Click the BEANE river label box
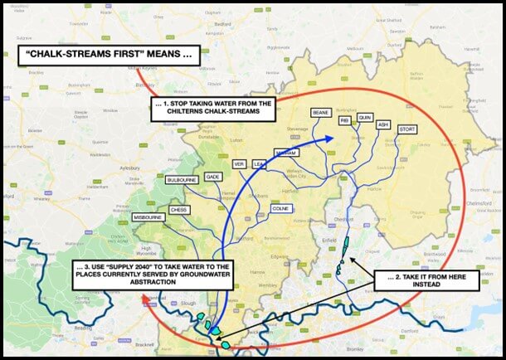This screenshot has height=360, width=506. tap(320, 112)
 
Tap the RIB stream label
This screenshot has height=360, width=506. tap(344, 121)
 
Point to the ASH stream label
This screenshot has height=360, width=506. tap(382, 124)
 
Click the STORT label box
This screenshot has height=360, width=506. tap(407, 129)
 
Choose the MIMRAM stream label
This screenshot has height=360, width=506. tap(285, 154)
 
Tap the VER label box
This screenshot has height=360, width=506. tap(240, 163)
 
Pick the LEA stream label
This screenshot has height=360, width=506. tap(259, 164)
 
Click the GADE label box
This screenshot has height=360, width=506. tap(212, 177)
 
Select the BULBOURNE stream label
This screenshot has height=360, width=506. tap(181, 179)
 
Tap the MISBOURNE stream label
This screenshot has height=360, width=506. tap(147, 217)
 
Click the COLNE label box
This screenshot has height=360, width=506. tap(279, 208)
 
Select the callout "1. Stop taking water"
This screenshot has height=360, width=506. tap(225, 109)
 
